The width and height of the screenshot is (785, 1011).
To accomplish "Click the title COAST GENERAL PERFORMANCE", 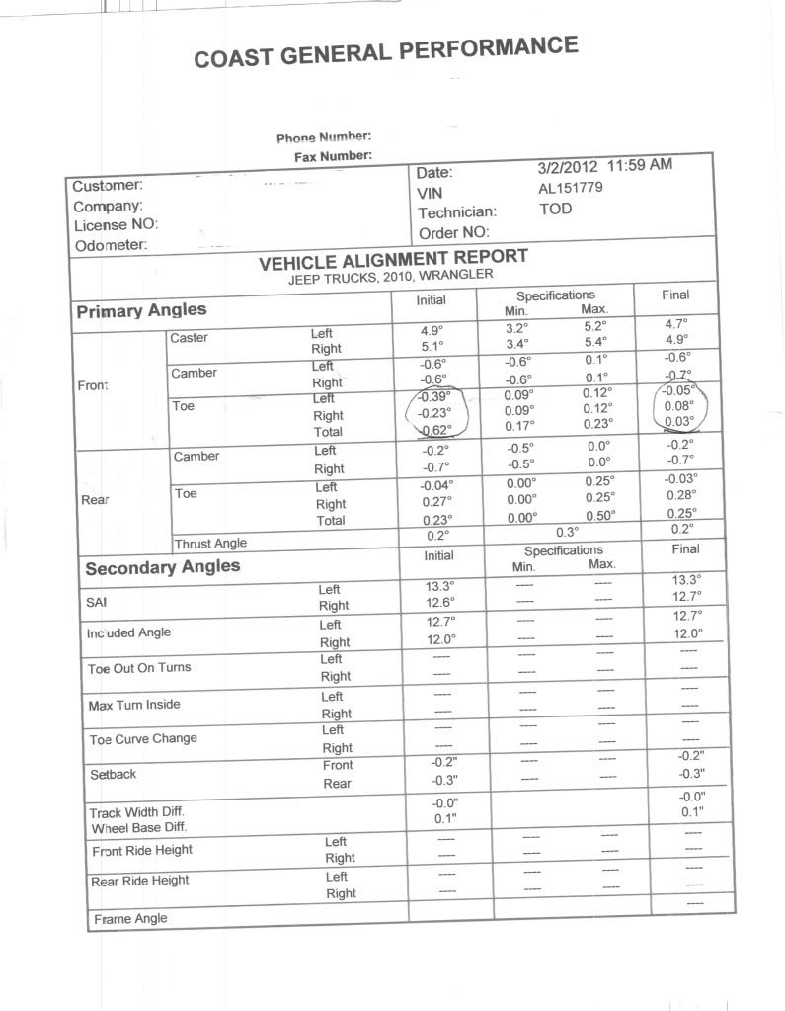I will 385,52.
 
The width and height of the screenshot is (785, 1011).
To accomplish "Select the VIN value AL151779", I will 570,188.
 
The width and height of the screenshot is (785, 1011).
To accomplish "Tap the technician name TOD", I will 555,210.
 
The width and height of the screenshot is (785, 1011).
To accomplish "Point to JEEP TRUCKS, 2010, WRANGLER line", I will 390,277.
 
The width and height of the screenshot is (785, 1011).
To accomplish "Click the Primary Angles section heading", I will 141,311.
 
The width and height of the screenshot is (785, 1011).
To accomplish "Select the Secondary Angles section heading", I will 162,568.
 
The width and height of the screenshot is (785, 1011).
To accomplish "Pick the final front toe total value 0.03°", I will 678,421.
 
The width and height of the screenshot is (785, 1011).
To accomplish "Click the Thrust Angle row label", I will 210,543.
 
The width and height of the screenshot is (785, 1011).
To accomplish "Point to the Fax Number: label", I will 333,157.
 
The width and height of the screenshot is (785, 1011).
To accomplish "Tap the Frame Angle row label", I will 130,919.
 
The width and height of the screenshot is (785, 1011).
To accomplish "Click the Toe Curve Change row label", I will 143,739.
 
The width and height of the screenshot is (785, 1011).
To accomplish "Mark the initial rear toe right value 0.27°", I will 435,502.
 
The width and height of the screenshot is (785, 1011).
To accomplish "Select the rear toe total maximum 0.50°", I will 599,515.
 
